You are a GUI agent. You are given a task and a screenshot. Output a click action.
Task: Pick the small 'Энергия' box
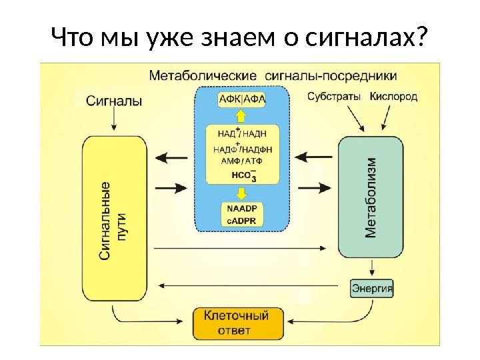coord(372,289)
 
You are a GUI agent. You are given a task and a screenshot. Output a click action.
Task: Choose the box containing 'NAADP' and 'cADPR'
coord(242,215)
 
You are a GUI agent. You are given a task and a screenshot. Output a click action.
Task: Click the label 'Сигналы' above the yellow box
coord(115,102)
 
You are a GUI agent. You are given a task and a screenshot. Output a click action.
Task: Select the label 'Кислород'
coord(394,97)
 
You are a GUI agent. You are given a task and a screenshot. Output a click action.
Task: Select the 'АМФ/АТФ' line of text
coord(241,162)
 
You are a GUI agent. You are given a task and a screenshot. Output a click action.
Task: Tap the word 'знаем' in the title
coord(232,39)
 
